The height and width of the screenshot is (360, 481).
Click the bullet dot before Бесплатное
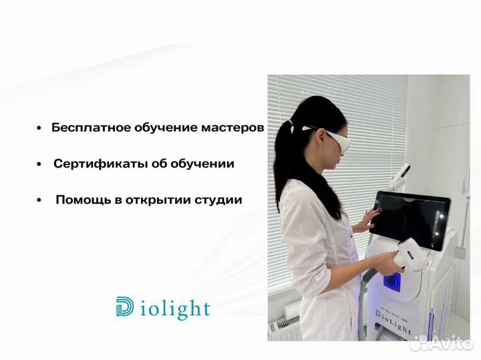[39, 128]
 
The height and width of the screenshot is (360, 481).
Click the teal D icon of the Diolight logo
[125, 308]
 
